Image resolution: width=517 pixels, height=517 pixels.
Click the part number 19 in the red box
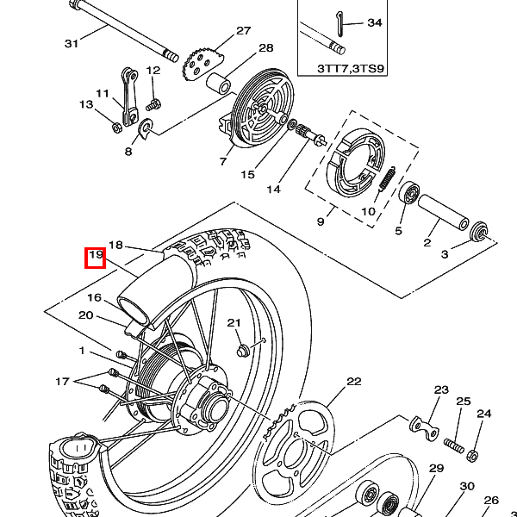pos(96,255)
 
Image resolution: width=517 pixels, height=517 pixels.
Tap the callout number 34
pos(375,22)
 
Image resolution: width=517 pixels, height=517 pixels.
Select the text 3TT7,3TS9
pos(351,69)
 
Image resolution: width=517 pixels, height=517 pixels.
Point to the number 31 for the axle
pos(72,44)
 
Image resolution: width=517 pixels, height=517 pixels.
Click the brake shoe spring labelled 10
pos(387,178)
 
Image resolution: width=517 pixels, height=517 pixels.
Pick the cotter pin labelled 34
pos(339,24)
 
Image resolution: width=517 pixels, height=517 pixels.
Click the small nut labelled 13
pos(116,128)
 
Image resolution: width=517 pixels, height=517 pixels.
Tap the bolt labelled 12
pos(153,105)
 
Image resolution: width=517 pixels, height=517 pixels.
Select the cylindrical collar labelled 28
pos(218,83)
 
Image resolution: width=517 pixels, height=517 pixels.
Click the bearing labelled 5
pos(409,193)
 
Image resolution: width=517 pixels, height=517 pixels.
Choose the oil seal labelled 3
pos(478,233)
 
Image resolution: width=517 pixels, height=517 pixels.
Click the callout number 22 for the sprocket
pos(354,382)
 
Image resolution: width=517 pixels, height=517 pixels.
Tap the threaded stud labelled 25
pos(454,445)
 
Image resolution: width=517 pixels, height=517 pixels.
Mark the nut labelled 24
pos(472,455)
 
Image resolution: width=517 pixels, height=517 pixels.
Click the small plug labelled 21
pos(243,350)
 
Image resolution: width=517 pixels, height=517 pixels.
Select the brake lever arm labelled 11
pos(129,97)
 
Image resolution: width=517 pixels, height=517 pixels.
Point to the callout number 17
pos(62,382)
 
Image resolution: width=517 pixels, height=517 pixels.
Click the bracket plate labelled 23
pos(424,427)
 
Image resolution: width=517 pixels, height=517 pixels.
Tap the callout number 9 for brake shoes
pos(321,221)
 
